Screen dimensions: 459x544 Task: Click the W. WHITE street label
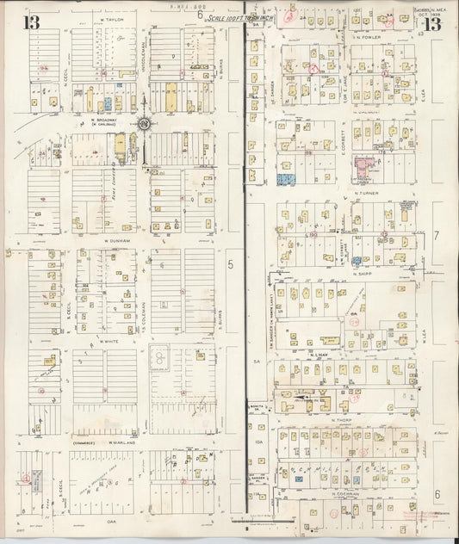click(108, 341)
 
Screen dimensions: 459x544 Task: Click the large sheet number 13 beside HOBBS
click(431, 23)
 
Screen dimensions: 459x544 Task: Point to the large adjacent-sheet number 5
click(230, 265)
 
